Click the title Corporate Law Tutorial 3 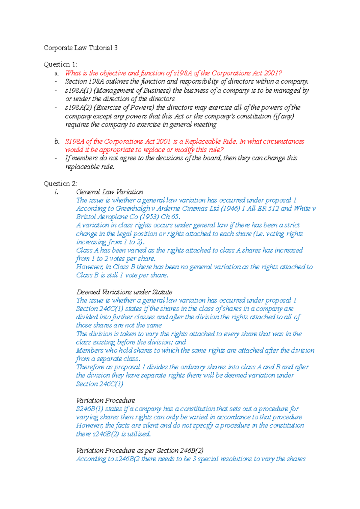(x=80, y=48)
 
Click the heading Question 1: (x=60, y=64)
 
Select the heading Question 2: (x=60, y=184)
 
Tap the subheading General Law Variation (x=109, y=192)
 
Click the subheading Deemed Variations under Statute (x=124, y=292)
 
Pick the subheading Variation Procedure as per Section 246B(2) (x=140, y=451)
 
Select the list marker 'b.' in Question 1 (x=57, y=141)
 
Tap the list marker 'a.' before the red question (x=57, y=73)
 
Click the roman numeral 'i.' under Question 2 (x=56, y=192)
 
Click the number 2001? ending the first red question (x=273, y=73)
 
